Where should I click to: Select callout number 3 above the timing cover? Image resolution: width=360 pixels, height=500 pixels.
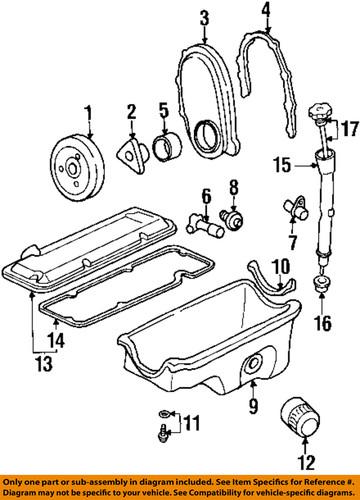[203, 16]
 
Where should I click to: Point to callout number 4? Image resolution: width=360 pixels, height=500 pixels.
[265, 13]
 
